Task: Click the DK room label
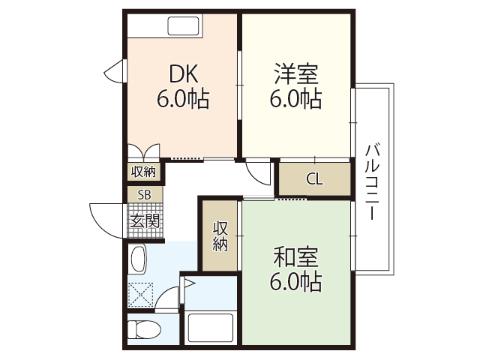click(x=182, y=73)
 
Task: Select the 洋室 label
click(x=295, y=73)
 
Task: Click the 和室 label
click(x=295, y=257)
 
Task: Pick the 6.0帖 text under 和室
click(x=295, y=282)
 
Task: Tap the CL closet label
click(x=315, y=178)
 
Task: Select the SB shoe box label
click(x=143, y=194)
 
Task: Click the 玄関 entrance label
click(x=144, y=220)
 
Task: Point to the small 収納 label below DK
click(x=143, y=172)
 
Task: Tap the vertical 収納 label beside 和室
click(x=220, y=236)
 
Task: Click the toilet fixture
click(x=142, y=330)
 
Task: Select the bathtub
click(x=210, y=328)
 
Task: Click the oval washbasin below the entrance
click(x=139, y=259)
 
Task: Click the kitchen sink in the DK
click(x=184, y=26)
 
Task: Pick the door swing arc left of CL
click(x=259, y=172)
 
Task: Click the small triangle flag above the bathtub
click(x=187, y=284)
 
